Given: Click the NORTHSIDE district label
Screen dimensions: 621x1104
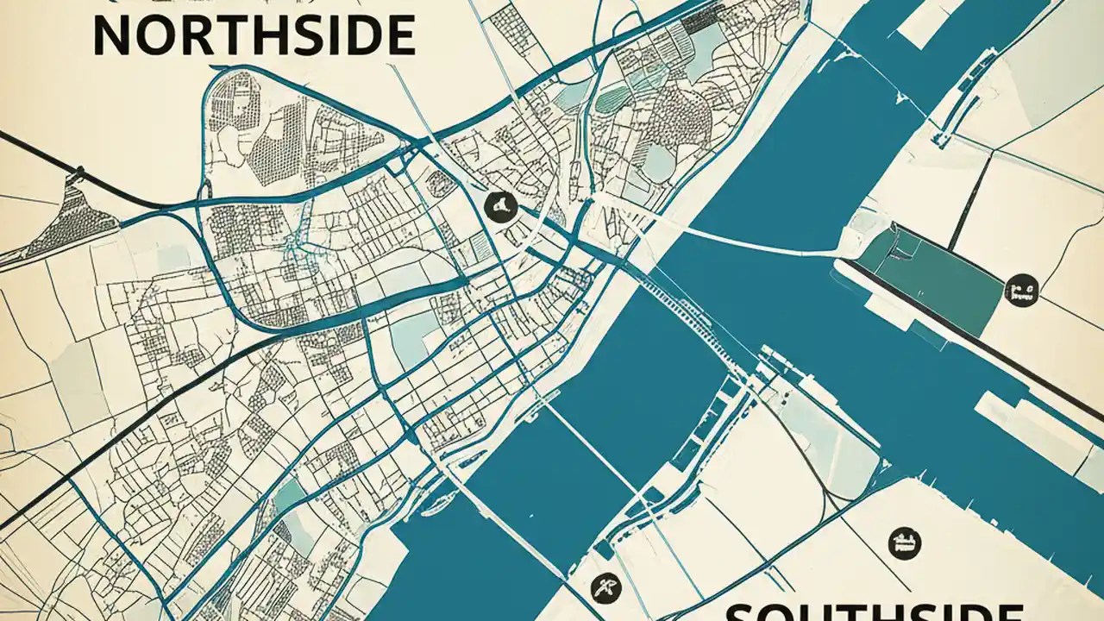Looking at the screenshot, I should click(253, 36).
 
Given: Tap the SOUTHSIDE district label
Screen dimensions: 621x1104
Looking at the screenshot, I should click(871, 611).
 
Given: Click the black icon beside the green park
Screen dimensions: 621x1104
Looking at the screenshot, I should click(1021, 291).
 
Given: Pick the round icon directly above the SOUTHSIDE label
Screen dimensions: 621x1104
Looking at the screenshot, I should click(904, 543).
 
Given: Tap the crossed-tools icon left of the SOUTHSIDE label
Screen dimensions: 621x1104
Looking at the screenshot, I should click(602, 588).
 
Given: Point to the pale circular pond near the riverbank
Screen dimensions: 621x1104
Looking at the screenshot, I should click(658, 164).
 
